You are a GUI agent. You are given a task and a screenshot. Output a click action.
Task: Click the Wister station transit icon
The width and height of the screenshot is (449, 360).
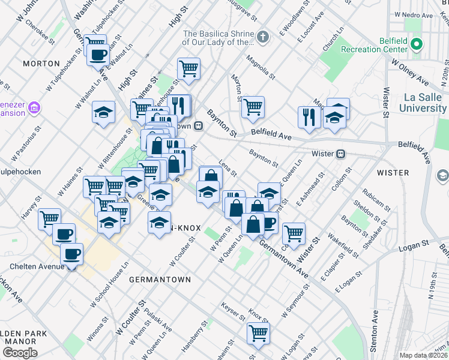point(340,154)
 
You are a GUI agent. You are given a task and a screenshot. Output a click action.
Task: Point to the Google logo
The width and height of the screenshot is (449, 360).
point(20,352)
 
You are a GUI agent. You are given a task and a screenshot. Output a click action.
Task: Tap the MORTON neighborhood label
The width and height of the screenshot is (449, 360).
point(41,63)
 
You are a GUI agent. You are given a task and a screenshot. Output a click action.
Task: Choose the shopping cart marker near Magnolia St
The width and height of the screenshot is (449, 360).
point(253,107)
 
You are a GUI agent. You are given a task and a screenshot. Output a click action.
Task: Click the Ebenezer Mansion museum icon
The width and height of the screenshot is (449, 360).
point(35,107)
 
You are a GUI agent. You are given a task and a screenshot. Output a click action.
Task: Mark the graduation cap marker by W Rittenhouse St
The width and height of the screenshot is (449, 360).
point(103,112)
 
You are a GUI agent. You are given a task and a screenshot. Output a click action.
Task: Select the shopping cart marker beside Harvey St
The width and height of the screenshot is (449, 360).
point(49,218)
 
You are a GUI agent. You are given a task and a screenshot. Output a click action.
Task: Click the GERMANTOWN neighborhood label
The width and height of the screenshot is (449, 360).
point(159,280)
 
